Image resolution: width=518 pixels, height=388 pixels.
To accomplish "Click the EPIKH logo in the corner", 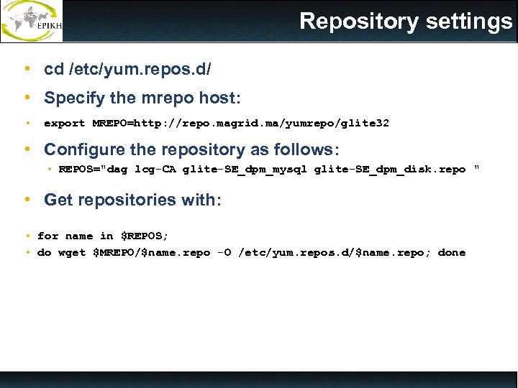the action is pyautogui.click(x=32, y=21).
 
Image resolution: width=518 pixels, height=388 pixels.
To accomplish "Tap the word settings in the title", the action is pyautogui.click(x=469, y=22).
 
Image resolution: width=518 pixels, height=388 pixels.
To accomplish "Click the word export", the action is pyautogui.click(x=65, y=124).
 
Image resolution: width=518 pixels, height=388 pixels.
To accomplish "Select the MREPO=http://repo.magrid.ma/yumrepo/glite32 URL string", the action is pyautogui.click(x=241, y=124).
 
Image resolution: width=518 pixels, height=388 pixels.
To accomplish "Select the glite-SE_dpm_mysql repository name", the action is pyautogui.click(x=245, y=170).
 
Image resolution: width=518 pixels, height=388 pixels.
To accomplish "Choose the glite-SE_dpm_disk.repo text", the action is pyautogui.click(x=390, y=170).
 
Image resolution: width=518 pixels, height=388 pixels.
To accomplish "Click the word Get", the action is pyautogui.click(x=58, y=200).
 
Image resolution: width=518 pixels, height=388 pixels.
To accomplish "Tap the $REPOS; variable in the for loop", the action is pyautogui.click(x=145, y=236).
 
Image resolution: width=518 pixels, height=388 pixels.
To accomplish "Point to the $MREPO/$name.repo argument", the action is pyautogui.click(x=152, y=253).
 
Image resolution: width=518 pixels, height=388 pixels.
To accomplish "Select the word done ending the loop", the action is pyautogui.click(x=452, y=253).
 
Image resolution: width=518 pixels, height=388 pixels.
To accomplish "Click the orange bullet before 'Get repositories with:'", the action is pyautogui.click(x=27, y=200).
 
